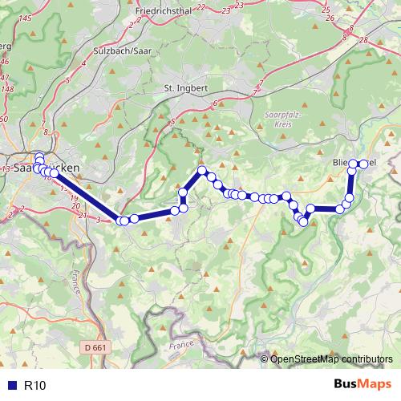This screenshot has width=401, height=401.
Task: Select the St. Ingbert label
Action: point(185,87)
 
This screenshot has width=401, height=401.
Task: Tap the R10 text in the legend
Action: point(35,386)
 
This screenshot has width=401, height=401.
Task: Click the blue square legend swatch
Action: point(10,386)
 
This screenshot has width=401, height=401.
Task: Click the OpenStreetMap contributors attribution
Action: point(331,358)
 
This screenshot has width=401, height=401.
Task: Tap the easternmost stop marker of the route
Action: point(363,164)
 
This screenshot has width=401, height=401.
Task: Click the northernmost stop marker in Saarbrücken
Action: point(38,156)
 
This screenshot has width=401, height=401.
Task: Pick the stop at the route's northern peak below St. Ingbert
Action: point(203,170)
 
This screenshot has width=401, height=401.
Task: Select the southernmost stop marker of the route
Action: point(303,222)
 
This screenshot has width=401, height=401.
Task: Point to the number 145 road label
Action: point(24,18)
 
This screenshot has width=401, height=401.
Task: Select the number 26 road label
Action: point(326,17)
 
